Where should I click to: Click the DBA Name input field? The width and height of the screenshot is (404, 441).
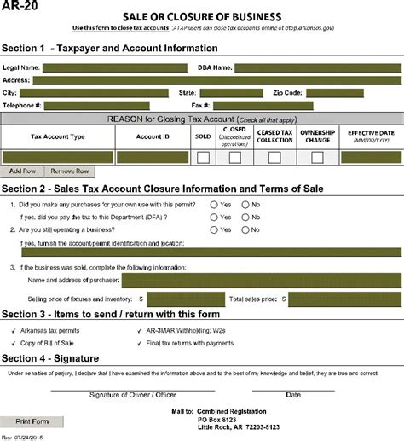[x=317, y=67]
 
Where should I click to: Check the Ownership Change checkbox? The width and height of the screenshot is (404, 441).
[x=317, y=158]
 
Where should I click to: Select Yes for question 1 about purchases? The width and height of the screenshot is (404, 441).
[x=213, y=206]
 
